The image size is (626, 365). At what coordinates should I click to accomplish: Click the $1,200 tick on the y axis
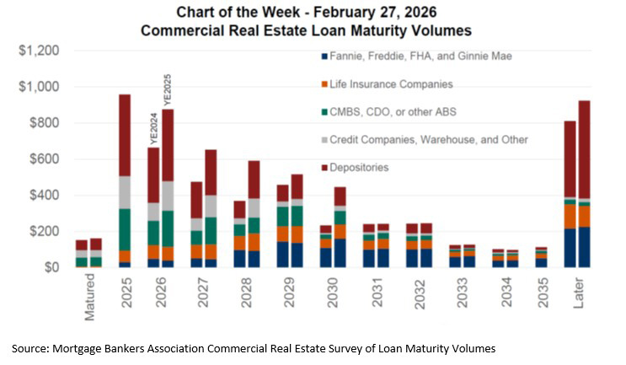tap(39, 51)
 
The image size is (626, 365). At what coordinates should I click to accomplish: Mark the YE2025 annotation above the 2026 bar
tap(168, 89)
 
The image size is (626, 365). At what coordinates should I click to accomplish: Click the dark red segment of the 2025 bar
tap(125, 135)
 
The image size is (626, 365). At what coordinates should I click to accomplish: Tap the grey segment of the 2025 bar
tap(125, 192)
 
